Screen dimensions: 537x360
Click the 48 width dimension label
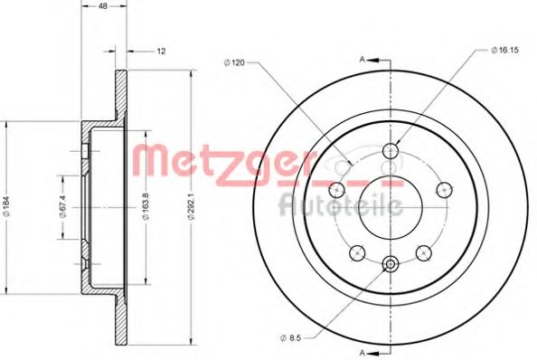(x=103, y=5)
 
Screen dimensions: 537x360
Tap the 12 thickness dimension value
(x=161, y=52)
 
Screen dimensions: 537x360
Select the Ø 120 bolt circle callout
(x=234, y=62)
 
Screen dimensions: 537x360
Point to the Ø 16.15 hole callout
(x=504, y=50)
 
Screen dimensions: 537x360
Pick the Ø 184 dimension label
(x=7, y=207)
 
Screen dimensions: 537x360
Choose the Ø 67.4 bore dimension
(x=62, y=207)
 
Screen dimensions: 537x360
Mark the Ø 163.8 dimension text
(x=146, y=206)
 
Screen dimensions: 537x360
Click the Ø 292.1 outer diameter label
(x=192, y=206)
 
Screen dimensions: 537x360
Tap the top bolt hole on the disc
(x=391, y=150)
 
